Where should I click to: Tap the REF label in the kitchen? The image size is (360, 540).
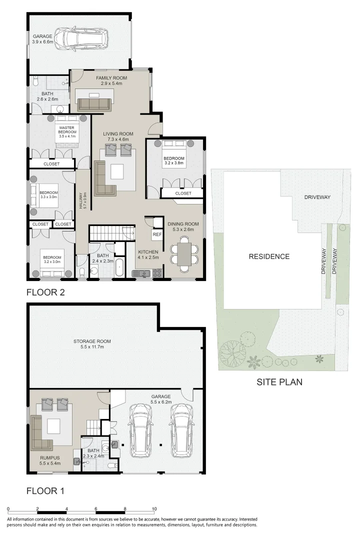tap(157, 234)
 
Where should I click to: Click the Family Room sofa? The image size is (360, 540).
tap(94, 103)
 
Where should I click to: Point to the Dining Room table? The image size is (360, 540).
tap(184, 253)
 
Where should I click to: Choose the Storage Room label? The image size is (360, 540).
tap(92, 344)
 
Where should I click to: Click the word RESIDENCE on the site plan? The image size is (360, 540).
tap(269, 256)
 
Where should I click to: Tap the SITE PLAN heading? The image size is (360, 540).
tap(279, 382)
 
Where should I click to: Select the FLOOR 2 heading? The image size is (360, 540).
tap(46, 291)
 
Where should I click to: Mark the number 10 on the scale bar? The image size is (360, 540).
tap(154, 508)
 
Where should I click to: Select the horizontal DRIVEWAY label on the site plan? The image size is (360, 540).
tap(317, 197)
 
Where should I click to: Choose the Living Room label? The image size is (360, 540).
tap(118, 136)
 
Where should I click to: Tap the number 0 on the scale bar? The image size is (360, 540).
tap(8, 508)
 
